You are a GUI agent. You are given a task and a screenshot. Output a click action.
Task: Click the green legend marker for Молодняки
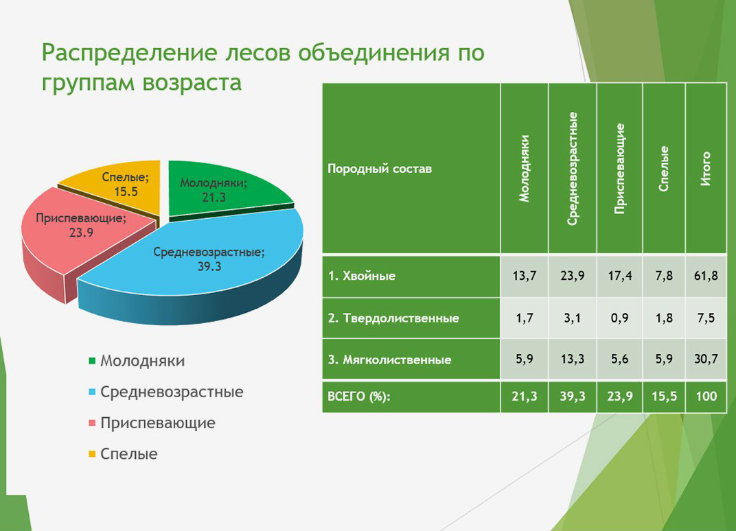coord(92,361)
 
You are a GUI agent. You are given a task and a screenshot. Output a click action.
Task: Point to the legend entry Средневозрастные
coord(172,392)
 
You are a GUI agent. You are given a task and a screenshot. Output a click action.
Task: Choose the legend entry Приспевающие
coord(157,423)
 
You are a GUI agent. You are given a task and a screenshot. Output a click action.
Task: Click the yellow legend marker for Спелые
coord(92,453)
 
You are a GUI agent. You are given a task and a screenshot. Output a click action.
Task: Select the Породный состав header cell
coord(380,169)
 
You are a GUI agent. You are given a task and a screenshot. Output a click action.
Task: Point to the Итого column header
coord(706,169)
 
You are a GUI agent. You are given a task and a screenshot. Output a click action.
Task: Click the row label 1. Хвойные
coord(362,276)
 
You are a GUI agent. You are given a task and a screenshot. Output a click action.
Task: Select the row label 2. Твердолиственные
coord(393,318)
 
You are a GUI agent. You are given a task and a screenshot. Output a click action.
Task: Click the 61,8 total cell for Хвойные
coord(706,276)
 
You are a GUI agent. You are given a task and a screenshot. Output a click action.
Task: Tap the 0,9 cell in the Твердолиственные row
coord(619,318)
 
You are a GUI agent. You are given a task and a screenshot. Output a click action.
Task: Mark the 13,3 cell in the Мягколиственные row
coord(572,359)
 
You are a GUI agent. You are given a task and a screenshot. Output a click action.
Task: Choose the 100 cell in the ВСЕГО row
coord(706,397)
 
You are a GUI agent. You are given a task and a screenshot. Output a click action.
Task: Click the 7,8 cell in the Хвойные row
coord(664,276)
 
